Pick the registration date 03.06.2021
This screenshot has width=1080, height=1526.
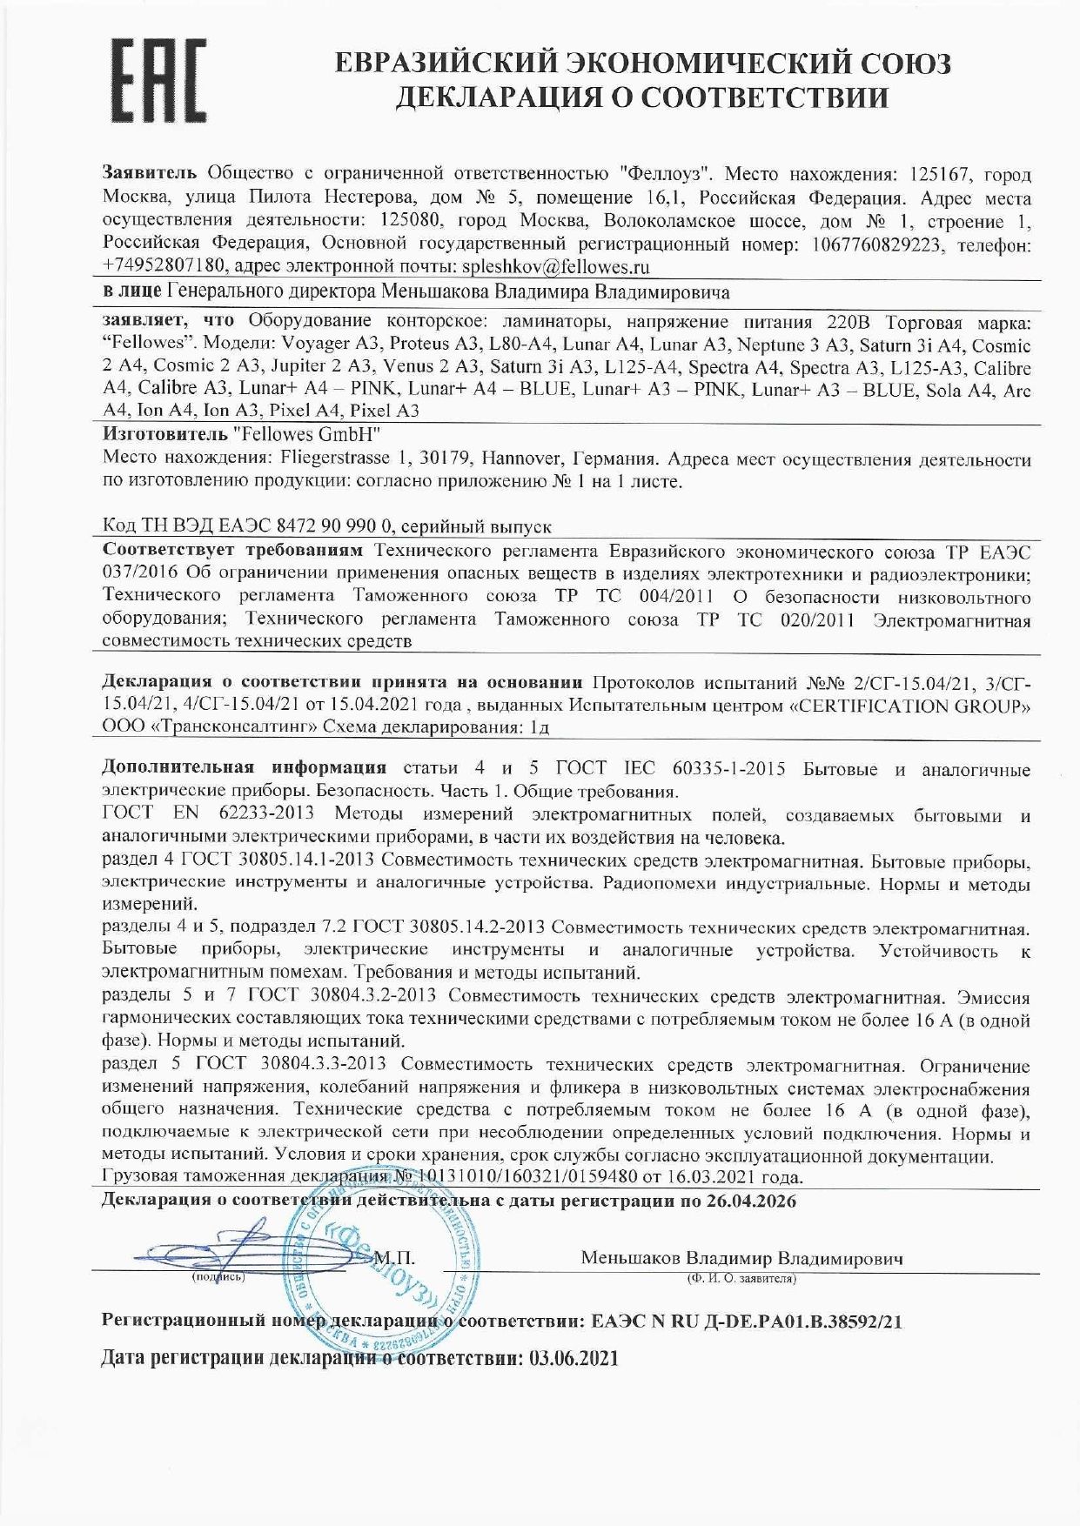pyautogui.click(x=574, y=1358)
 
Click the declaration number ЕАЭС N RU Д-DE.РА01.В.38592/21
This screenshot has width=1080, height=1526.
pyautogui.click(x=747, y=1321)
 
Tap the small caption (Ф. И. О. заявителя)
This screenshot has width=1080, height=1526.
pyautogui.click(x=741, y=1278)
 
